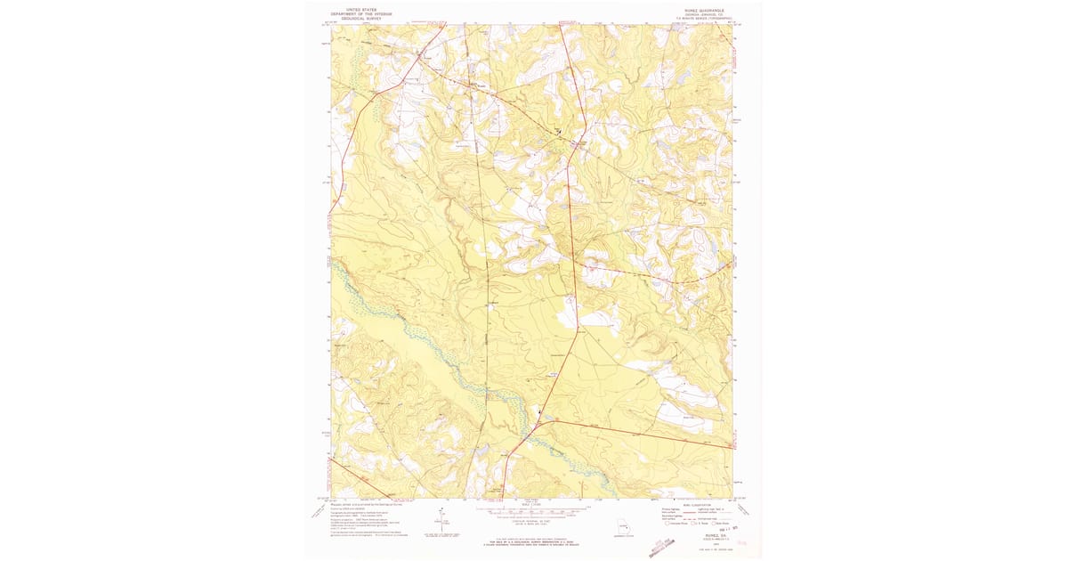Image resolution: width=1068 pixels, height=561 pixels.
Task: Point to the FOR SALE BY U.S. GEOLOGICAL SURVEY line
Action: [534, 541]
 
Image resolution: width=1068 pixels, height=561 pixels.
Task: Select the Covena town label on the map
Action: [426, 59]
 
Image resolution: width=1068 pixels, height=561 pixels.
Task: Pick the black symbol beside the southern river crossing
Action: [538, 411]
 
